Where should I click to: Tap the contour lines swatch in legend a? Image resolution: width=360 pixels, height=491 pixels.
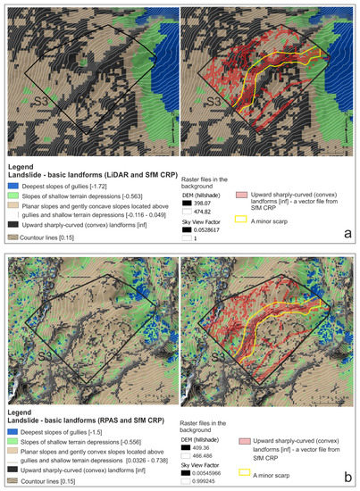[x=13, y=239]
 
